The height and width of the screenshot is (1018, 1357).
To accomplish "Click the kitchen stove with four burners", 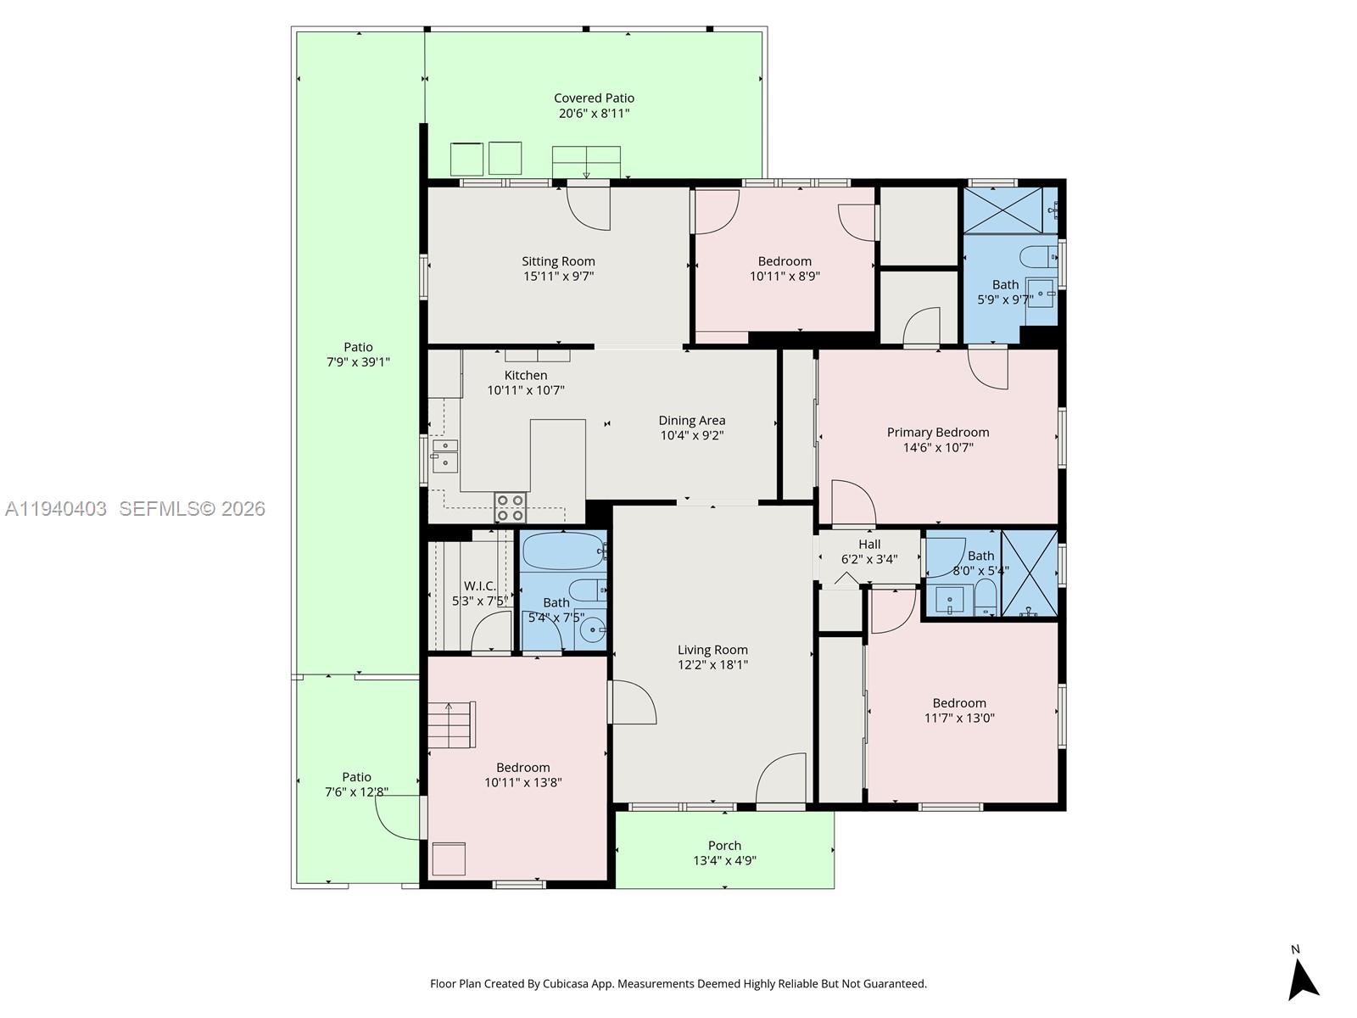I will tap(511, 507).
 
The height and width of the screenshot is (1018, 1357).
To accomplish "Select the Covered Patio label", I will tap(594, 98).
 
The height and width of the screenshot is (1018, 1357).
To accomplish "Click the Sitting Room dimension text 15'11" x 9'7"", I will tap(558, 277).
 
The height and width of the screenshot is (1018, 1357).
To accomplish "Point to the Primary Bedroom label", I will tap(938, 433).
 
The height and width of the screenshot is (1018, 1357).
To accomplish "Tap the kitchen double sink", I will tap(444, 455).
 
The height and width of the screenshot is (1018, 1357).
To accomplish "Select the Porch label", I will tap(724, 846).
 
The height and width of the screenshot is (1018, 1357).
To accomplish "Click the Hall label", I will tap(869, 545).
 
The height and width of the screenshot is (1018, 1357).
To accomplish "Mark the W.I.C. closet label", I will tap(480, 586).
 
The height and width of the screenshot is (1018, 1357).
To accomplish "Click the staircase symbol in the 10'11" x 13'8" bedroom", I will tap(450, 725).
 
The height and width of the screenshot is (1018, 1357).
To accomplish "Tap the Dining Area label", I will tap(692, 421).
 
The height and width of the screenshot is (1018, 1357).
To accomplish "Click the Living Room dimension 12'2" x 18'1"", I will tap(712, 665).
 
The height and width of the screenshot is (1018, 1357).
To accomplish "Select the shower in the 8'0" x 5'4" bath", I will tap(1030, 573).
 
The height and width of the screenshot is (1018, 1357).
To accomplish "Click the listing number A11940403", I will tap(56, 509).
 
